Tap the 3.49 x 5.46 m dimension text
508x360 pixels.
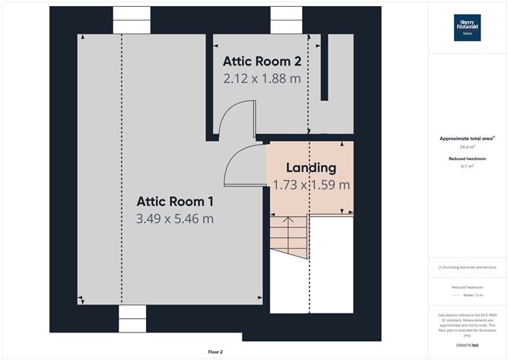(x=174, y=219)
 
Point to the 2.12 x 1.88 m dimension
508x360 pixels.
(x=261, y=77)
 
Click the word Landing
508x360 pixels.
(x=310, y=167)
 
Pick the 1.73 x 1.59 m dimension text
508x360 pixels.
(x=311, y=184)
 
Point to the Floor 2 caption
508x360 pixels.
(x=216, y=352)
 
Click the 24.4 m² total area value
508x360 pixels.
(x=467, y=147)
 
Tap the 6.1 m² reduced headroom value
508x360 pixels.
(x=467, y=166)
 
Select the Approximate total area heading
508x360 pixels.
(x=466, y=139)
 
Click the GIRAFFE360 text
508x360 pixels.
(x=467, y=346)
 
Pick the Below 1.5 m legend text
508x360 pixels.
(x=467, y=293)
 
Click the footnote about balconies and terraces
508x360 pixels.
(x=467, y=268)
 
